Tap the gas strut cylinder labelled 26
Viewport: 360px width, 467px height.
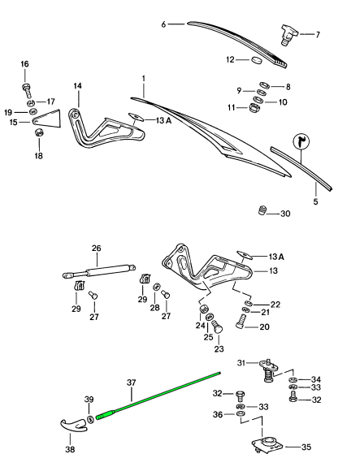point(99,270)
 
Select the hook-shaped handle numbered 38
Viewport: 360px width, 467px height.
point(74,426)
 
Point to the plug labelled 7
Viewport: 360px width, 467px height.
point(288,35)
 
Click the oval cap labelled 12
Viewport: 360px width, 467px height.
point(256,59)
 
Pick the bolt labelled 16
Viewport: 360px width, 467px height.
point(27,91)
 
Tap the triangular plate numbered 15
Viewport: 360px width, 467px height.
point(46,119)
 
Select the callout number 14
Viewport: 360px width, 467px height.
point(77,86)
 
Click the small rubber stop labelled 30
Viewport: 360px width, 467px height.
point(262,210)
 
